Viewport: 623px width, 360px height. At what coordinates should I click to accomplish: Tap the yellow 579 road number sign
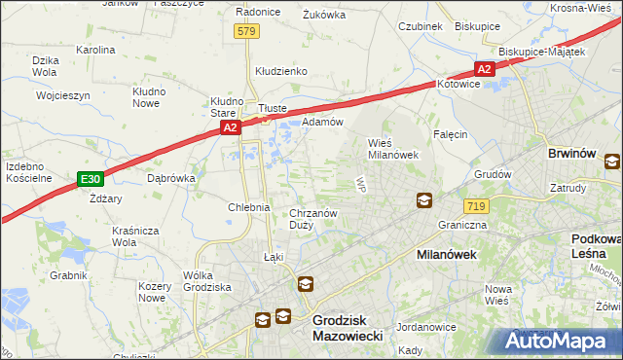coord(246,32)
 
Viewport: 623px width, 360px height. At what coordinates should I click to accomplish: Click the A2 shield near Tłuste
coord(229,127)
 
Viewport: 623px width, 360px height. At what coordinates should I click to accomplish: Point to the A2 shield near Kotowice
coord(485,68)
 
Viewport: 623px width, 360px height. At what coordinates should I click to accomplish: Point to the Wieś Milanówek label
coord(392,148)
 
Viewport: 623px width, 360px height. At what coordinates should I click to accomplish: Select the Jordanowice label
coord(427,327)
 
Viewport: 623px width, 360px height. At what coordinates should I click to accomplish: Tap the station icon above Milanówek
coord(424,200)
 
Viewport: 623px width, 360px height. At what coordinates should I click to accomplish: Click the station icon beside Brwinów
coord(612,162)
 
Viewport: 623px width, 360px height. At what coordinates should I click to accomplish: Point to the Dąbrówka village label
coord(171,178)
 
